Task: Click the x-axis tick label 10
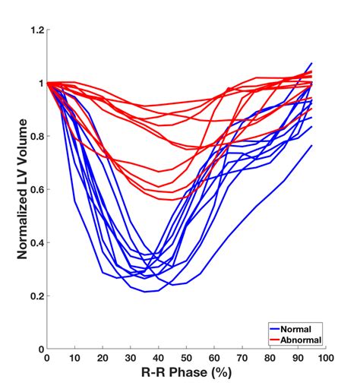pos(74,359)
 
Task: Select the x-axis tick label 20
pos(103,359)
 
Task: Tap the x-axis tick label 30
pos(130,359)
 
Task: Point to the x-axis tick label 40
pos(158,359)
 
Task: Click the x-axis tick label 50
pos(186,359)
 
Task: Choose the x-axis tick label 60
pos(214,359)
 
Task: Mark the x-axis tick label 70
pos(242,359)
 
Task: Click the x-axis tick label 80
pos(270,359)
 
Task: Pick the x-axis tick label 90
pos(298,359)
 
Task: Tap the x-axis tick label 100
pos(325,359)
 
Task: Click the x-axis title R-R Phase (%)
pos(186,374)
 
